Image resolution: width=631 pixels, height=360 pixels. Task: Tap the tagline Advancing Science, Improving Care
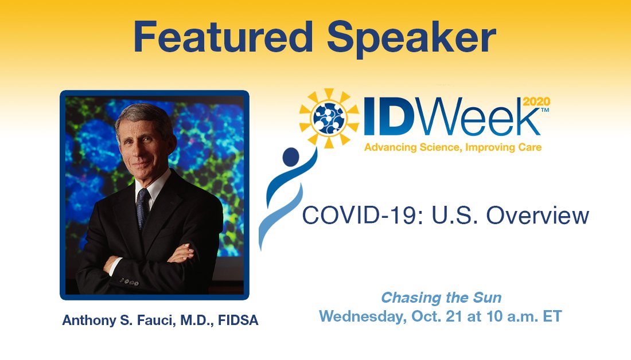click(453, 147)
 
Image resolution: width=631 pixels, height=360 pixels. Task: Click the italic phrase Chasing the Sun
click(441, 298)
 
